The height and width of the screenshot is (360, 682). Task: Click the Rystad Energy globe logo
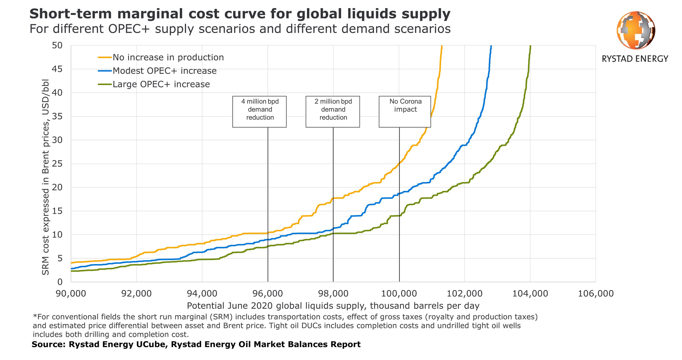(635, 30)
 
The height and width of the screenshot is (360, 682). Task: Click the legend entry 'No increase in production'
(168, 58)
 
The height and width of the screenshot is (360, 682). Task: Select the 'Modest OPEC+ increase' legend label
(164, 71)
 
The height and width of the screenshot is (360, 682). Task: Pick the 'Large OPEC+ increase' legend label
(161, 85)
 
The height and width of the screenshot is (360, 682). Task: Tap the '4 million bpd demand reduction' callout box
(259, 111)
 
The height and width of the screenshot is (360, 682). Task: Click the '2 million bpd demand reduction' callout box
(333, 111)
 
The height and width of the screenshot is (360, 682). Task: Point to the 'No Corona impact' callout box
(405, 111)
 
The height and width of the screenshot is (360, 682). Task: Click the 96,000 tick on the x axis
(267, 294)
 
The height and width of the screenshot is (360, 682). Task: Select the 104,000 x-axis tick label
(530, 294)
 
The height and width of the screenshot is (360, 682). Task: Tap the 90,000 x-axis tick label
(71, 294)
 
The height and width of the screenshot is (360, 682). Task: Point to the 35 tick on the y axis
(57, 117)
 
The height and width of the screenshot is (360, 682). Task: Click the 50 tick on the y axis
(57, 45)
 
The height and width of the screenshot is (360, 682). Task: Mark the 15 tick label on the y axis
(57, 211)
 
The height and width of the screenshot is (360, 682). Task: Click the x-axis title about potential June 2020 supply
(333, 306)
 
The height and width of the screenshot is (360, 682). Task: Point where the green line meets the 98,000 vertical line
(333, 233)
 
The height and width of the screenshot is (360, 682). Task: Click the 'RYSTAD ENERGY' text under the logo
(635, 59)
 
